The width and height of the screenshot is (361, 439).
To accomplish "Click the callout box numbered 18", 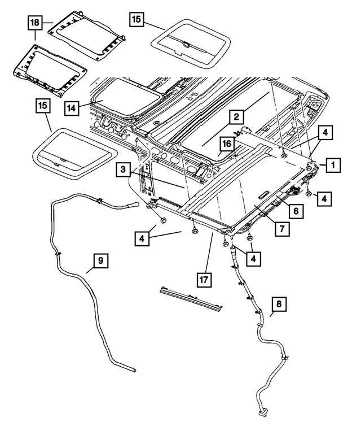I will tap(35, 23).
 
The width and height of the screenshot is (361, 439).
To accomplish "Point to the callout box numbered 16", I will tap(226, 145).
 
